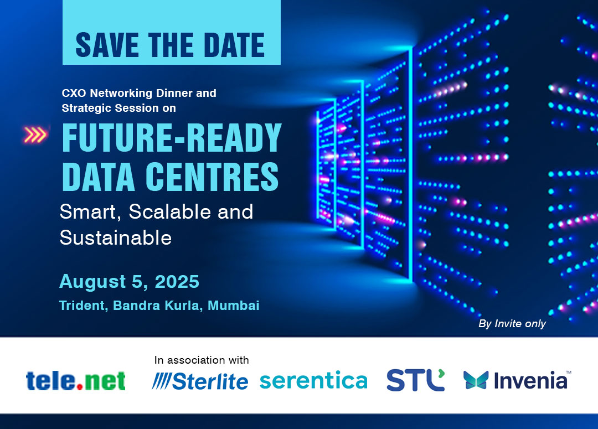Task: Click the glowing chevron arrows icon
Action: (35, 135)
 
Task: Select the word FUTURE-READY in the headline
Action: (172, 138)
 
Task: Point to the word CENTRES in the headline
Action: (212, 176)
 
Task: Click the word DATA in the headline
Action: (99, 176)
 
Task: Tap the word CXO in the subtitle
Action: (74, 93)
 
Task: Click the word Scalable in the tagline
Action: (170, 211)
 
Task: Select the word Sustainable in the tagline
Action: (116, 237)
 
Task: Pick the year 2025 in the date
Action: (177, 282)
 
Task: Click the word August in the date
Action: (92, 282)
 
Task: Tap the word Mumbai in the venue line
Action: (234, 306)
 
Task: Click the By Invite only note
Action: (512, 324)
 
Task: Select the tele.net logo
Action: (75, 381)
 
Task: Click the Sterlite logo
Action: (200, 381)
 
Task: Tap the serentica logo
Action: (313, 381)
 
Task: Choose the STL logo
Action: (416, 380)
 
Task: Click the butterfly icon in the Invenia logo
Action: (476, 380)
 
